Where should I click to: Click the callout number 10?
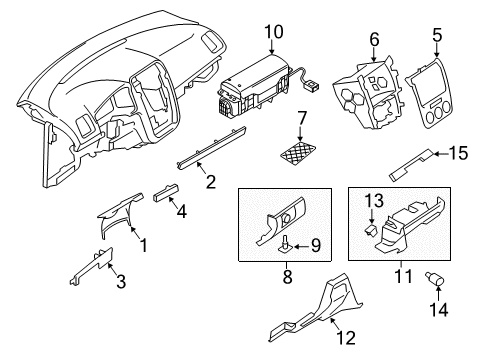coord(274,32)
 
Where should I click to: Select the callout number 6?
coord(374,39)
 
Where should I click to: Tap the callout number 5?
coord(437,35)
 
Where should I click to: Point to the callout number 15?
coord(459,153)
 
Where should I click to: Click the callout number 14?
coord(439,310)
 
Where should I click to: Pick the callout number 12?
coord(346,338)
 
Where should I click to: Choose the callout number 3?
coord(121,281)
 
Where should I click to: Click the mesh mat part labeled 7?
coord(298,153)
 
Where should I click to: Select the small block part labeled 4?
coord(165,193)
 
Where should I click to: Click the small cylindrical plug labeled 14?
coord(435,279)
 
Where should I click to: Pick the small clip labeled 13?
coord(371,230)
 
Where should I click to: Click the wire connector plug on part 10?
coord(311,87)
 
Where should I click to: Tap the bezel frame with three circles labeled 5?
coord(428,93)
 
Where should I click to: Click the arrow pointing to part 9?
coord(301,247)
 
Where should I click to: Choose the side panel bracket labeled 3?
coord(92,266)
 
